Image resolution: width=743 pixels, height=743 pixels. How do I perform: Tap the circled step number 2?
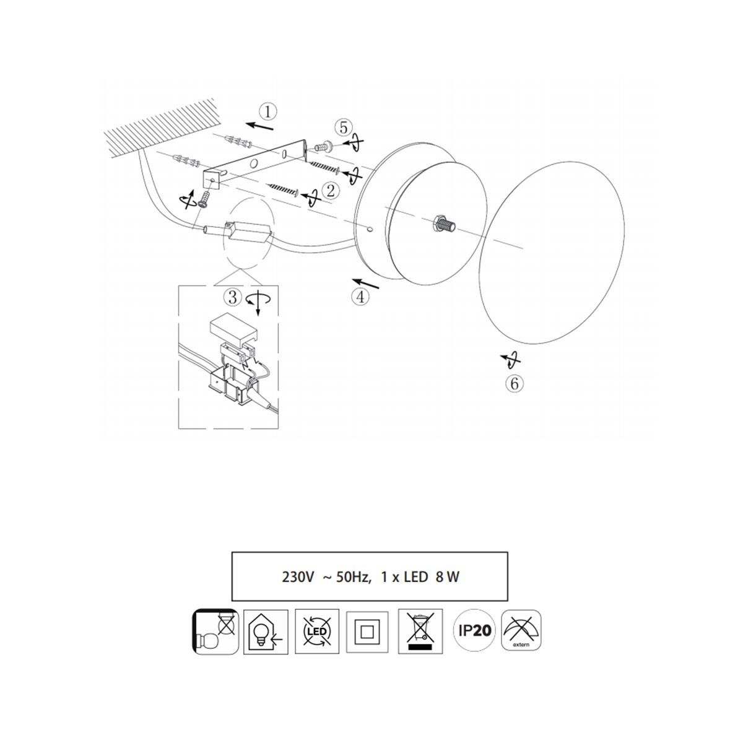pyautogui.click(x=331, y=191)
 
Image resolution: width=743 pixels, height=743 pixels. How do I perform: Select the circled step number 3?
pyautogui.click(x=233, y=297)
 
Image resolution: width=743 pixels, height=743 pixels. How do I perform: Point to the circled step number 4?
pyautogui.click(x=360, y=297)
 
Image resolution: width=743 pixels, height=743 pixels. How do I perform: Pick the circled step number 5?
pyautogui.click(x=343, y=128)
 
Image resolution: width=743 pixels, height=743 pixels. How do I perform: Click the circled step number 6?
pyautogui.click(x=515, y=384)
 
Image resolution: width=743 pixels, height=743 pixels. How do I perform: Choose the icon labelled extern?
pyautogui.click(x=521, y=630)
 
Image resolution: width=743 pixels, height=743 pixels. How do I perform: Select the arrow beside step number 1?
pyautogui.click(x=260, y=126)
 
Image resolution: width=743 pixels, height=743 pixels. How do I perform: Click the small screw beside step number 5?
pyautogui.click(x=323, y=147)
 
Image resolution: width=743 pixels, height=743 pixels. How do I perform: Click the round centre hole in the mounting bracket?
pyautogui.click(x=254, y=163)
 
